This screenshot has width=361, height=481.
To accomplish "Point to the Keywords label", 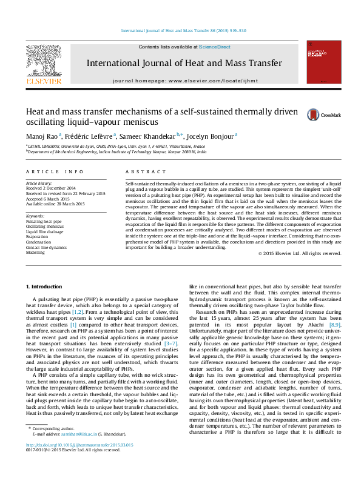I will tap(36, 216).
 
